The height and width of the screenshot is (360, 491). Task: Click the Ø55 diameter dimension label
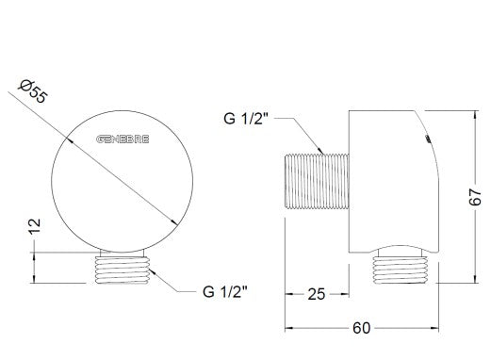33,91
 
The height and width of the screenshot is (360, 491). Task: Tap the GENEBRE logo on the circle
123,139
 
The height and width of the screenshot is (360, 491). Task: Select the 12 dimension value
35,226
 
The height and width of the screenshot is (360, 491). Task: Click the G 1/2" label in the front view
225,291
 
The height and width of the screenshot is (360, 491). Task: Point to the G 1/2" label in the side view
246,119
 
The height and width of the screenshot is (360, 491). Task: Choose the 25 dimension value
317,294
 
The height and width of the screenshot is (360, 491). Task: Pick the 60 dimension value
361,328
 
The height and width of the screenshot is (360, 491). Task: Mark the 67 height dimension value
475,197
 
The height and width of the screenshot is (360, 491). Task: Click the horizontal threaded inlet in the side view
317,181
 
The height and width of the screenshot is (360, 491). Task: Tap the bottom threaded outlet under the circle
123,270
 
